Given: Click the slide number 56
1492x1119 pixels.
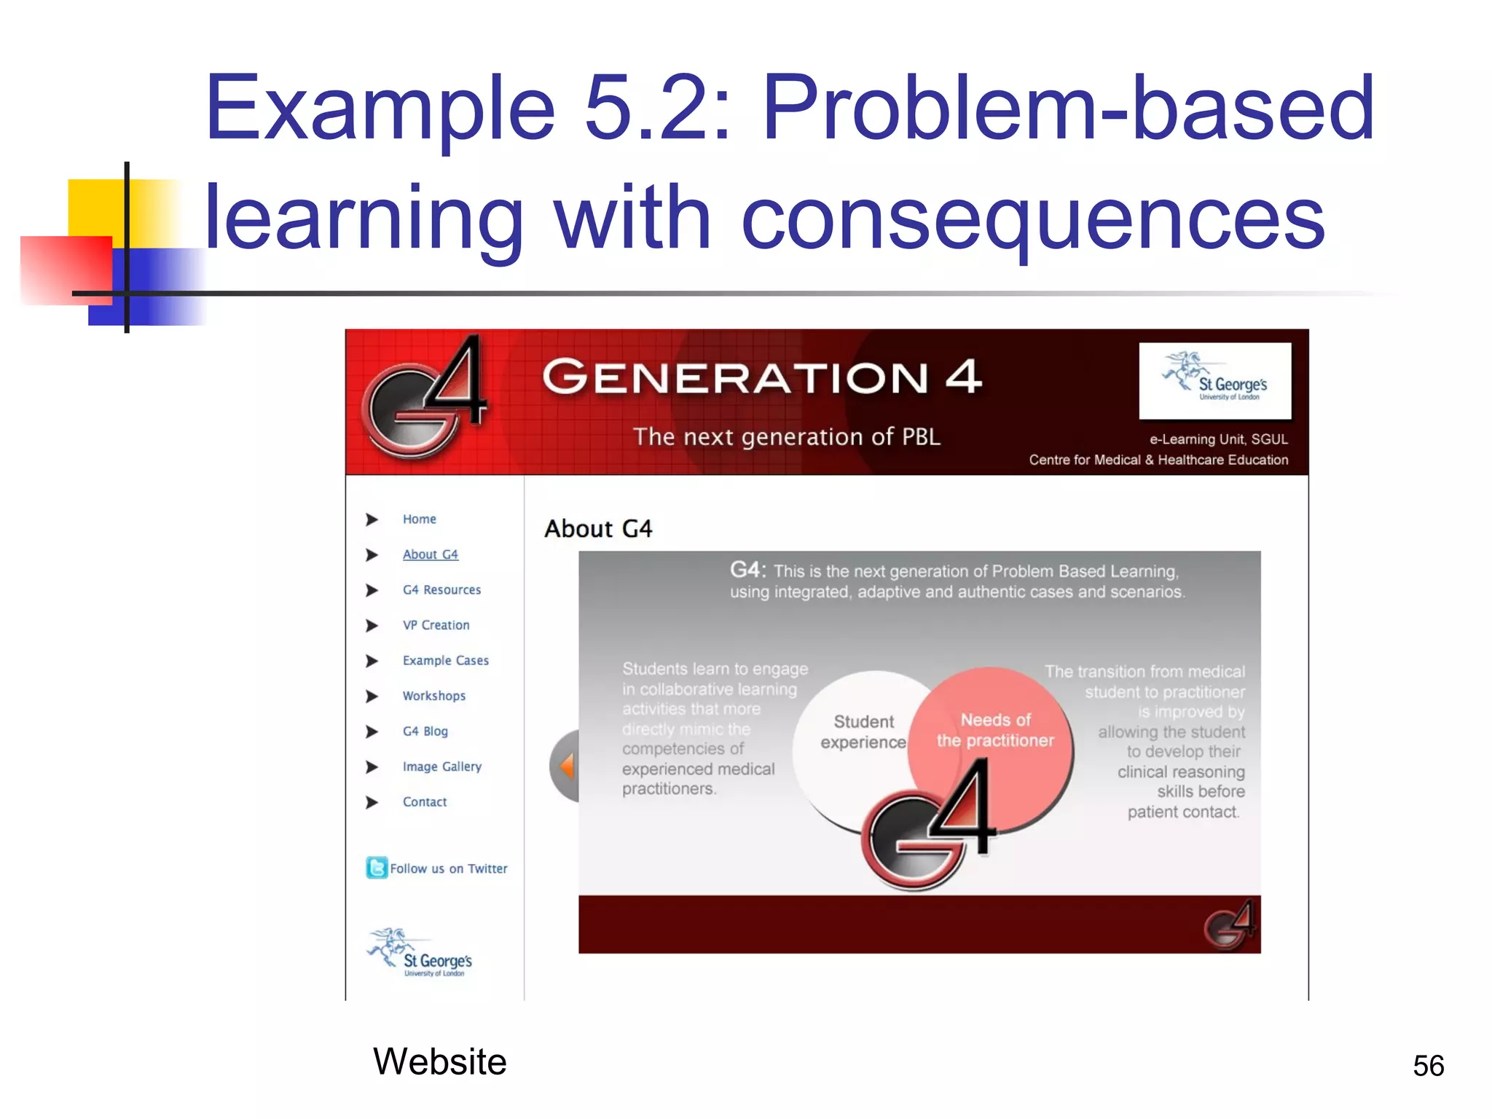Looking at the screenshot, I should (x=1428, y=1066).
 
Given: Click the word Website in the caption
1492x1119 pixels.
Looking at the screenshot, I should (x=439, y=1061).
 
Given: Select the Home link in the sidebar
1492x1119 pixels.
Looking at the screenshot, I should (x=419, y=519).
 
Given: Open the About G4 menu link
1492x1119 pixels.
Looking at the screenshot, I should (x=430, y=554).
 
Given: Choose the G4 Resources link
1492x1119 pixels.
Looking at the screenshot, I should (x=441, y=590).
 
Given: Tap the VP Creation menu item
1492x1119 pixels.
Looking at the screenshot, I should (x=436, y=625).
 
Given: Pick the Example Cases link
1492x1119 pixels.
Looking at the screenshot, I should (x=445, y=661).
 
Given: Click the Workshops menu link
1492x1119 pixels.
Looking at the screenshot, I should (x=433, y=696).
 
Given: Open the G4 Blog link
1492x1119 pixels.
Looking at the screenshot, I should (x=425, y=731).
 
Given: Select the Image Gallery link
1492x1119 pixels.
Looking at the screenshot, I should (x=441, y=766).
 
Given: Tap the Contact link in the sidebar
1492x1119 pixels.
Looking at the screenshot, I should (x=425, y=802).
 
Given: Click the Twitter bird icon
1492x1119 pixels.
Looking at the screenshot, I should (x=376, y=868).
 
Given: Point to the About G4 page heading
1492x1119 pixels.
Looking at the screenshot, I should (x=598, y=529).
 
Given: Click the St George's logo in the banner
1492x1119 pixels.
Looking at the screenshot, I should (x=1214, y=380).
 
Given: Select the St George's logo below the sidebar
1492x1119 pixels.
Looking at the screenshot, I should (x=421, y=954).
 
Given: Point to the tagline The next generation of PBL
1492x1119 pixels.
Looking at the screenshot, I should (x=786, y=437).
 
